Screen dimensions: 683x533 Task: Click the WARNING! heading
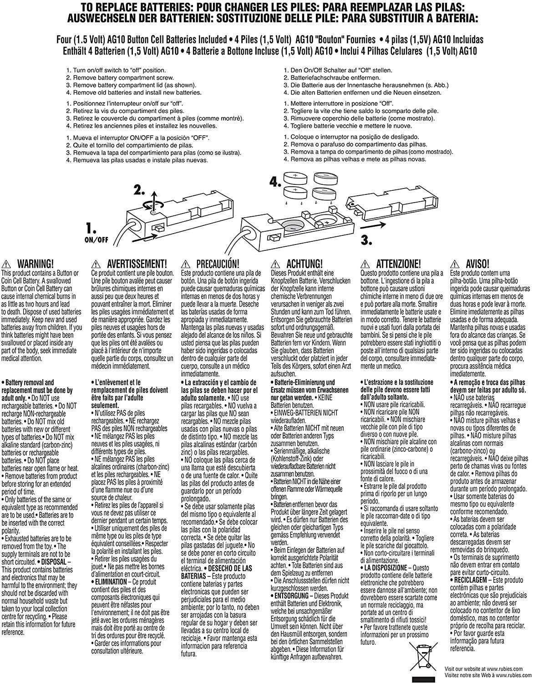(35, 264)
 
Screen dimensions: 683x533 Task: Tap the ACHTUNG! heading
(304, 264)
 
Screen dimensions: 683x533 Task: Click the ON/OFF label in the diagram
(96, 239)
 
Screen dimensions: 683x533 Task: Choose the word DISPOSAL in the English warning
(58, 562)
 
